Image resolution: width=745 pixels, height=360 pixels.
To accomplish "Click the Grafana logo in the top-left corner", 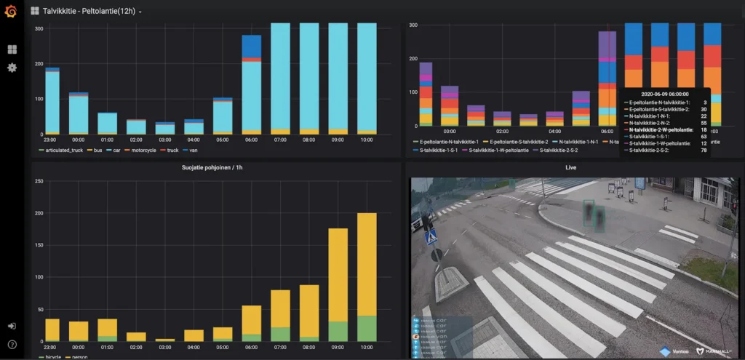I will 11,11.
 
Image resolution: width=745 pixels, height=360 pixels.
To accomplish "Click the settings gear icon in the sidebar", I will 12,68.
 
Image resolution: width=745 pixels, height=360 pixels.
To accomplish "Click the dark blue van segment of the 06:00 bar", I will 252,47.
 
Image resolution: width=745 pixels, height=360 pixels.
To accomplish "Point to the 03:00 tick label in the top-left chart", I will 165,140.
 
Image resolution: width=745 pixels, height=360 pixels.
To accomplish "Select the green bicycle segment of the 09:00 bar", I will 338,331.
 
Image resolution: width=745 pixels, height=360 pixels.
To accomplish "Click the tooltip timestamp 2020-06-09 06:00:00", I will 666,94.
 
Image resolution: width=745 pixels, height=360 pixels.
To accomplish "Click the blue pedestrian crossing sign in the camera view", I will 431,236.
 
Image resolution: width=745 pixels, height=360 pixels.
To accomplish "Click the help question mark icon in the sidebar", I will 12,344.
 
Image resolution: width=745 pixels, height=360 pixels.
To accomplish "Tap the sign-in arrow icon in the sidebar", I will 12,327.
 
